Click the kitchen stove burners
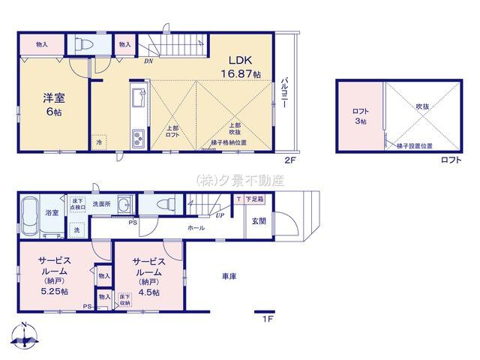(139, 138)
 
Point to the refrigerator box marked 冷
(98, 140)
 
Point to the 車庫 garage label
(229, 276)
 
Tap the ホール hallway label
(196, 227)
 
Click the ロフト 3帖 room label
(361, 115)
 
